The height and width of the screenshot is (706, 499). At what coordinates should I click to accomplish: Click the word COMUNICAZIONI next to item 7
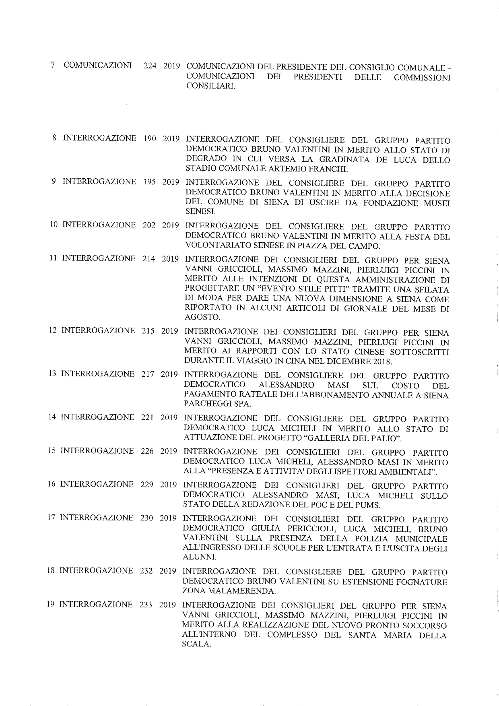coord(98,65)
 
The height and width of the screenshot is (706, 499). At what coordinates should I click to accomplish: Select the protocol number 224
coord(150,66)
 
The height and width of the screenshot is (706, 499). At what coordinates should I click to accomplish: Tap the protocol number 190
coord(150,138)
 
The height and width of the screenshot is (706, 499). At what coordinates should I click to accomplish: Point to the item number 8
coord(54,138)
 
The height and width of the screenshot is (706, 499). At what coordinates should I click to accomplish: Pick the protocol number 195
coord(150,182)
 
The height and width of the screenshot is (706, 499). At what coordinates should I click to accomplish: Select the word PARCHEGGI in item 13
coord(207,405)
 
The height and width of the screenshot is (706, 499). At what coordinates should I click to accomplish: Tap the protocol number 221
coord(148,417)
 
